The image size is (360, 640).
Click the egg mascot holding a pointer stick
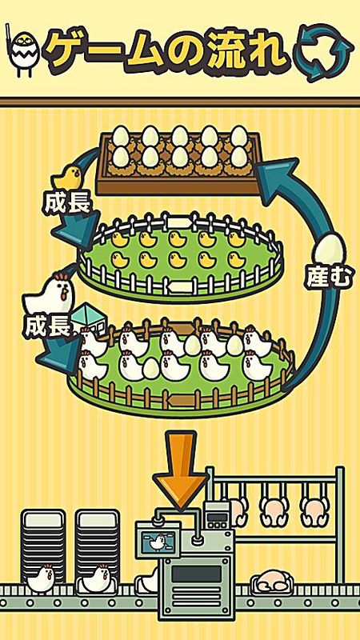coord(23,51)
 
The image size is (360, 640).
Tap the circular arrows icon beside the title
coord(325,53)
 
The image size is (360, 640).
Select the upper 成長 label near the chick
coord(66,203)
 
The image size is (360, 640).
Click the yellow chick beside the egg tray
coord(68,177)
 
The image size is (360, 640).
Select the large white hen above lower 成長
coord(50,293)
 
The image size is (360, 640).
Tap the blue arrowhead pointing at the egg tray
coord(277,179)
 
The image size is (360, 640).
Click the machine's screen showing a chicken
coord(157,542)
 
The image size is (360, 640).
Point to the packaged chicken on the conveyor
coord(271,582)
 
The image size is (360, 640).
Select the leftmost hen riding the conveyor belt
coord(41,578)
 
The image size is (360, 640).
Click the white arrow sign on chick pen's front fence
coord(179,286)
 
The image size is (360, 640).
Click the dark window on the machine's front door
coord(196,574)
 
